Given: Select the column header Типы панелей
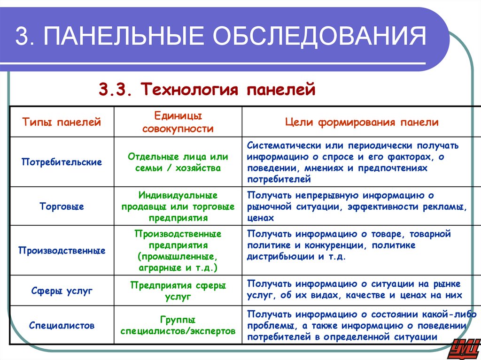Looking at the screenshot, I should pyautogui.click(x=62, y=123).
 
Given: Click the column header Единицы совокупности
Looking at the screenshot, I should pyautogui.click(x=178, y=122).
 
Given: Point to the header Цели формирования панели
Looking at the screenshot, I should pyautogui.click(x=362, y=123).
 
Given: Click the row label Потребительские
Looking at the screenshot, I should pyautogui.click(x=62, y=162).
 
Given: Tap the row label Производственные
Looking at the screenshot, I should pyautogui.click(x=62, y=251).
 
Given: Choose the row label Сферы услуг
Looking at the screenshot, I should pyautogui.click(x=62, y=291).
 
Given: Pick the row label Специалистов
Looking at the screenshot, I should pyautogui.click(x=62, y=325).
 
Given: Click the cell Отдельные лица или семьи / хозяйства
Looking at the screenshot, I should pyautogui.click(x=178, y=162).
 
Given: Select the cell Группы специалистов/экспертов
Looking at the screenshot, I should pyautogui.click(x=178, y=325).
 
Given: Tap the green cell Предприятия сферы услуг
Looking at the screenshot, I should pyautogui.click(x=178, y=291).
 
